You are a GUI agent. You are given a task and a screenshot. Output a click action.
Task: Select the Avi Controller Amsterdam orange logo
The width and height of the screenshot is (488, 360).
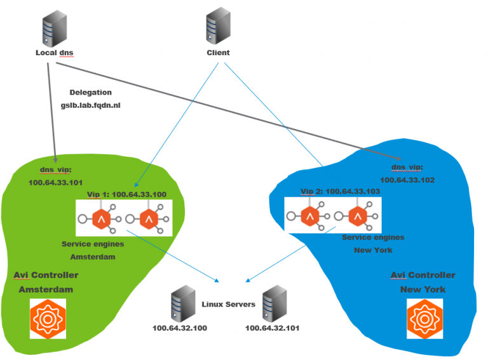[48, 317]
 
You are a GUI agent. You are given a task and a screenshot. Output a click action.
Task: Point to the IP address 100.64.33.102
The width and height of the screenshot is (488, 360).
[411, 180]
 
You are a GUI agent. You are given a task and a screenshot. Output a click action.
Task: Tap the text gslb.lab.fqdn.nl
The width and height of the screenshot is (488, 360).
[95, 106]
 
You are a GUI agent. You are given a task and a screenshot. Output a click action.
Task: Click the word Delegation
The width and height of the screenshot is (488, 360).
[91, 92]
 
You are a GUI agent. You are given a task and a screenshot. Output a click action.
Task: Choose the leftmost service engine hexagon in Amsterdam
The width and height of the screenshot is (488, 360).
[102, 220]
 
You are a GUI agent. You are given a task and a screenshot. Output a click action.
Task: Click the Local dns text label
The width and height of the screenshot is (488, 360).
[57, 53]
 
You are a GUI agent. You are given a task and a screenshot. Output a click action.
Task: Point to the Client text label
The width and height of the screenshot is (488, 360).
[218, 53]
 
